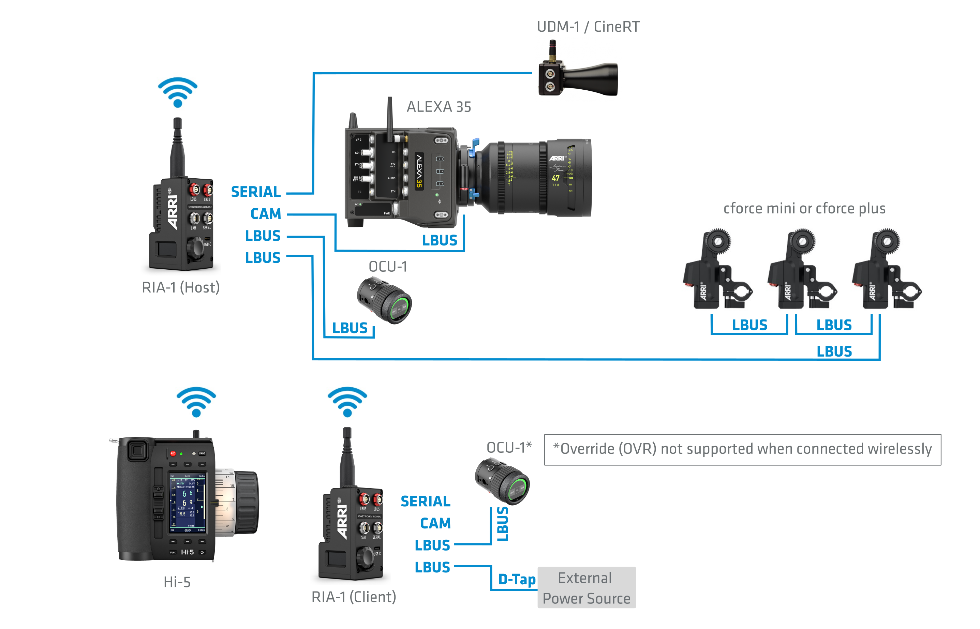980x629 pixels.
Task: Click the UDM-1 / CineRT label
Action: tap(588, 27)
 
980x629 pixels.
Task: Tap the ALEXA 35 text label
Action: tap(439, 107)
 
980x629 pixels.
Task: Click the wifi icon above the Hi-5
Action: tap(196, 402)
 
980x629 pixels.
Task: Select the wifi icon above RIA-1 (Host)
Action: tap(178, 92)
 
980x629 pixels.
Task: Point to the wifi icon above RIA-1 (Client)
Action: tap(347, 402)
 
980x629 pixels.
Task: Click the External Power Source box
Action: tap(586, 588)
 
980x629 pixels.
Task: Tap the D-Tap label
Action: tap(517, 579)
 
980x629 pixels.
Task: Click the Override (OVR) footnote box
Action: tap(742, 449)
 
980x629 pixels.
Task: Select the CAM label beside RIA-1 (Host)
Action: tap(266, 214)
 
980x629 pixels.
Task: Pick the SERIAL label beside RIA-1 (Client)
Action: tap(425, 501)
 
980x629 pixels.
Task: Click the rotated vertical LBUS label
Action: tap(503, 524)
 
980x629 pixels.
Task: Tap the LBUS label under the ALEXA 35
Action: tap(440, 240)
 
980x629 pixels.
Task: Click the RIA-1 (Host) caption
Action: tap(181, 287)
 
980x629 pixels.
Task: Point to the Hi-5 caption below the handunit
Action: tap(177, 582)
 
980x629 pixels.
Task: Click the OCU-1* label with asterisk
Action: tap(509, 448)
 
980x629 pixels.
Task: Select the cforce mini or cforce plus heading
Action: tap(804, 209)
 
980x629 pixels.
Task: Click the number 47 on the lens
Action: tap(555, 178)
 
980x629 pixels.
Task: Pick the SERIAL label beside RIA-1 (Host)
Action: tap(256, 192)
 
